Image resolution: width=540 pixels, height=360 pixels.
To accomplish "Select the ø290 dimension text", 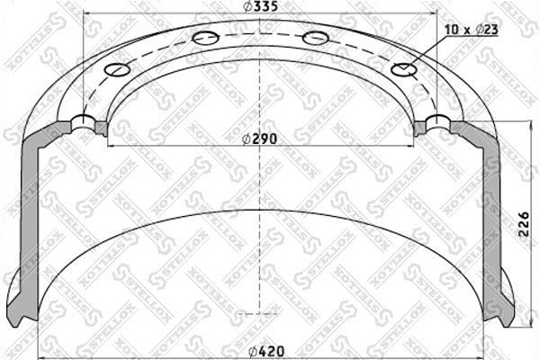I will click(261, 139).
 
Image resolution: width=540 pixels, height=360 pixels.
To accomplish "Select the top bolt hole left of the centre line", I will click(203, 38).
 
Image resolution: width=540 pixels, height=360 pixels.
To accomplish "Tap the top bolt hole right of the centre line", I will click(314, 38).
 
